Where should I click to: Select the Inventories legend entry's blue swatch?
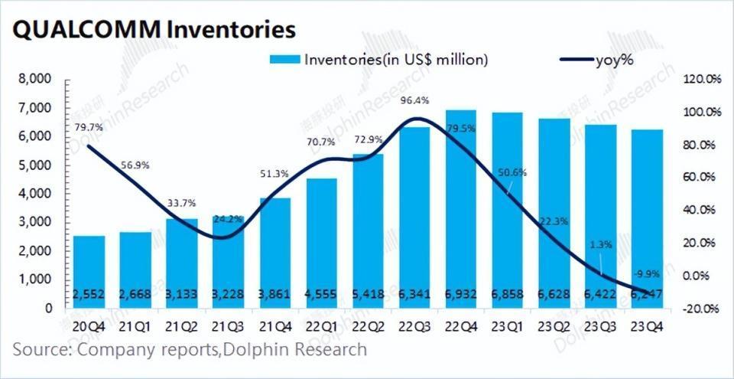[284, 59]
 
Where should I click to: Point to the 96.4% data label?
[414, 100]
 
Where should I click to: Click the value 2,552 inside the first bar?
[89, 295]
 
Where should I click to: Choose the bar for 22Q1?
[320, 241]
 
